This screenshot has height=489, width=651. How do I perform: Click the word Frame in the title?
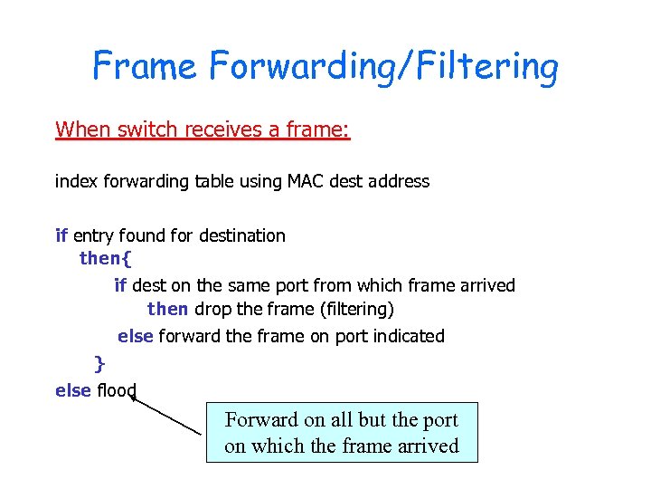[x=146, y=66]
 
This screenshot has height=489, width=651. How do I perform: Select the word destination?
[x=241, y=235]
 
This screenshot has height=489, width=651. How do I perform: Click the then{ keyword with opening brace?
[x=106, y=259]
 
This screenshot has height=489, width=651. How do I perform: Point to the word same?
[x=241, y=285]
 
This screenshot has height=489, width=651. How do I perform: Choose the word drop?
[x=213, y=310]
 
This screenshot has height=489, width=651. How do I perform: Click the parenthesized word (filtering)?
[x=357, y=310]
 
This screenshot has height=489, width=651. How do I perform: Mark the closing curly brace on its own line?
[x=99, y=363]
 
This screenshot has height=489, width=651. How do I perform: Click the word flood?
[x=116, y=390]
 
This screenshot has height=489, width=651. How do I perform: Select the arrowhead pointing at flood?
[x=134, y=396]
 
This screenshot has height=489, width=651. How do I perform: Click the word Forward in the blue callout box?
[x=262, y=420]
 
